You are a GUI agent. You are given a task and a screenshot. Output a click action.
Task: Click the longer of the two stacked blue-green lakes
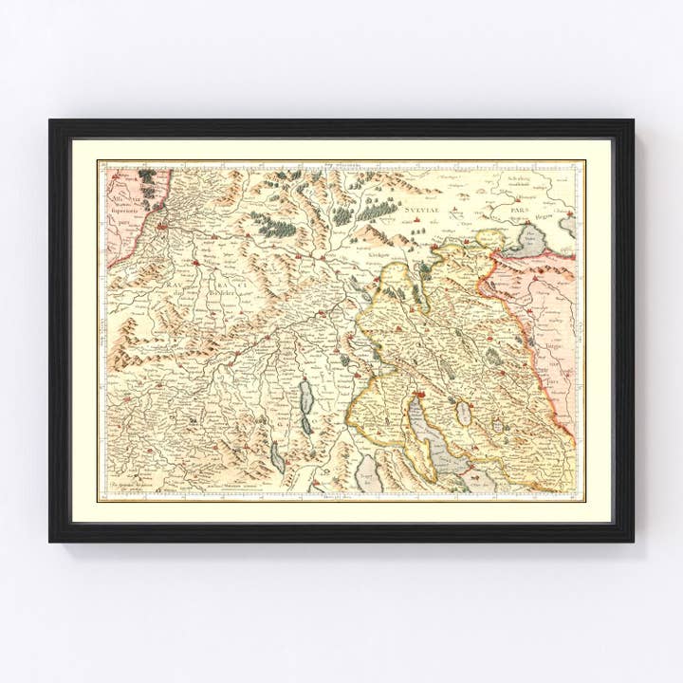coord(306,398)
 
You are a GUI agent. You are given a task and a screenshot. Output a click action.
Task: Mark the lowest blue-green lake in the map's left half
coord(276,460)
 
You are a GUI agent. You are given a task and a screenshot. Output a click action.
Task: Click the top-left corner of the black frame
coord(51,121)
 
